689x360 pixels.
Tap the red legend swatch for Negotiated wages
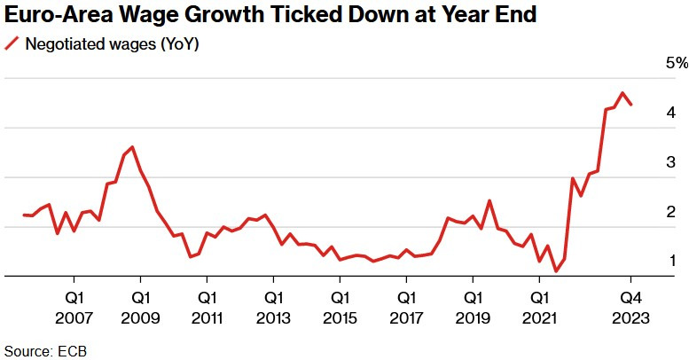12,44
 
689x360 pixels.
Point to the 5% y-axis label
677,64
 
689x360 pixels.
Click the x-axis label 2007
74,317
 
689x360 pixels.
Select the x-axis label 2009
141,317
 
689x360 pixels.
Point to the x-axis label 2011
207,317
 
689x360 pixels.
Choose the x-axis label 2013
273,317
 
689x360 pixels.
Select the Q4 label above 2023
630,297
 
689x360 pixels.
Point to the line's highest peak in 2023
623,93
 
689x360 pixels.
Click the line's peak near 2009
132,147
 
